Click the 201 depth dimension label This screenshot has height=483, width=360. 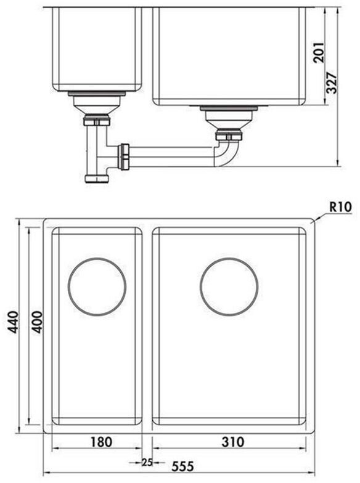coord(319,53)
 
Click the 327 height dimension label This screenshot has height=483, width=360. coord(332,83)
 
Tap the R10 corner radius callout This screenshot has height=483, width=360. coord(340,207)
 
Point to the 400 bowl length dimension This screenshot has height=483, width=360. coord(37,322)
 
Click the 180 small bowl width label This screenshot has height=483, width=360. coord(101,442)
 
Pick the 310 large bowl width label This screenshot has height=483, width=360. coord(233,442)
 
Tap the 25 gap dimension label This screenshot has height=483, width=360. coord(147,462)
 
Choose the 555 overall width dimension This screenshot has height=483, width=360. coord(182,466)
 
